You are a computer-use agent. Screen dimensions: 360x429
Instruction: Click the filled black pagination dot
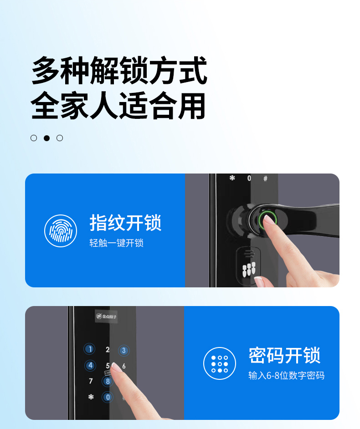pos(47,138)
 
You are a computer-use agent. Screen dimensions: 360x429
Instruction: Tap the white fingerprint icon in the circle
pos(61,230)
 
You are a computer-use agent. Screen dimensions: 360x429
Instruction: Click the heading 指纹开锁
pos(125,223)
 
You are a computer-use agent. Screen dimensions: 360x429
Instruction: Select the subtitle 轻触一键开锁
pos(116,243)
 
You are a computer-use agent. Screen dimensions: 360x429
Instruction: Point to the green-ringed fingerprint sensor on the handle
pos(267,220)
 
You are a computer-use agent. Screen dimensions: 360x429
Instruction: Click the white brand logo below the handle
pos(249,269)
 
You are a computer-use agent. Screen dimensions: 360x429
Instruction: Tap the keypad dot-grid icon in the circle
pos(220,363)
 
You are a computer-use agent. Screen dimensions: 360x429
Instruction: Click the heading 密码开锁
pos(284,355)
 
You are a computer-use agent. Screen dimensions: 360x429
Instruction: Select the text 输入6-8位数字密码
pos(286,375)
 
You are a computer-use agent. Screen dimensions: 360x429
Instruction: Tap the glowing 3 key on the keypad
pos(124,350)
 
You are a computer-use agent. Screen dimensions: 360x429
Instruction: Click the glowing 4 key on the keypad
pos(90,365)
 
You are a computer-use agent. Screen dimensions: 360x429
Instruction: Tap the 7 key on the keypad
pos(91,381)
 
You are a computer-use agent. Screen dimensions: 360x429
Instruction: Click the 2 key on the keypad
pos(108,349)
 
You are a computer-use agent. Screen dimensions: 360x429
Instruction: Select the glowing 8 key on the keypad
pos(108,381)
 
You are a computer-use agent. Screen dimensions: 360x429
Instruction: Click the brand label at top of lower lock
pos(106,316)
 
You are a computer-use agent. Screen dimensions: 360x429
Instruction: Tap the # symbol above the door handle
pos(265,179)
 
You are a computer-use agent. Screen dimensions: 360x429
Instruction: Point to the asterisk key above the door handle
pos(232,178)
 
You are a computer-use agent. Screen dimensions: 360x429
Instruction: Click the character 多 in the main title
pos(46,70)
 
